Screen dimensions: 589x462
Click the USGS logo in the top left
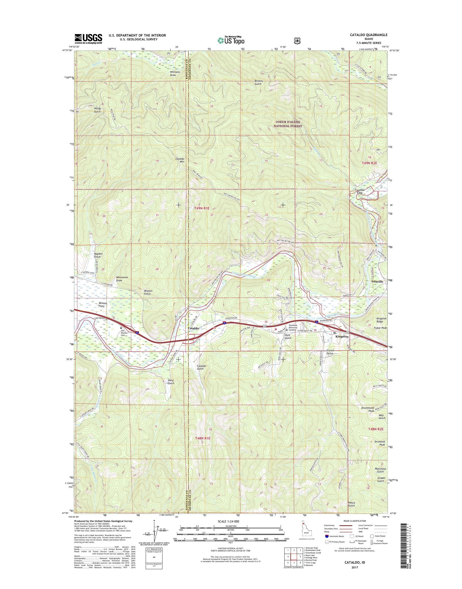coord(88,39)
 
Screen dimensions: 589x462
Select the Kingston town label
coord(342,336)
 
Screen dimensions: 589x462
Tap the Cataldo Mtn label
coord(180,160)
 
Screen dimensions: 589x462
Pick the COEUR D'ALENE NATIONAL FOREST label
coord(287,124)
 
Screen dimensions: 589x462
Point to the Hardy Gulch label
coord(97,110)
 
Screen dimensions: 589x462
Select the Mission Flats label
coord(103,305)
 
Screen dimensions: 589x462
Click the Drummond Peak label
coord(368,417)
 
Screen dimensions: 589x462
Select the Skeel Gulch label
coord(171,382)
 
